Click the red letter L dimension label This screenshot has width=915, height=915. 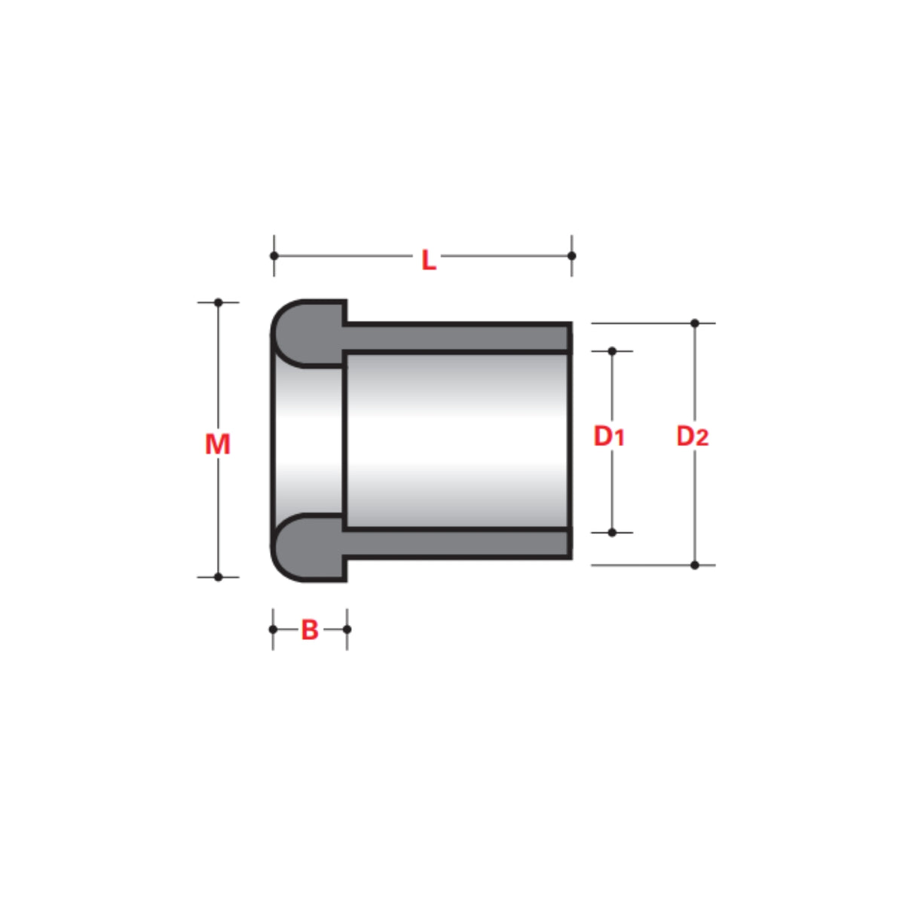coord(428,261)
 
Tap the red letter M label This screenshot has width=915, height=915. coord(218,445)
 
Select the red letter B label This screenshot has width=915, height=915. coord(310,630)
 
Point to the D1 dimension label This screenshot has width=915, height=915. coord(609,436)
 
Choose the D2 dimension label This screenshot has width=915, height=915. coord(692,436)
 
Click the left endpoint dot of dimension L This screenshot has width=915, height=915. coord(274,256)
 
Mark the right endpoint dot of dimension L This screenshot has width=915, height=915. coord(571,256)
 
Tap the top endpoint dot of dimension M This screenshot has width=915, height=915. coord(219,302)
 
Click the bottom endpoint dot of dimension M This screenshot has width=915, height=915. coord(219,577)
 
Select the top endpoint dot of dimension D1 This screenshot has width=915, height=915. coord(612,351)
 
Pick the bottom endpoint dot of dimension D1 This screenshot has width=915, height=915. coord(612,533)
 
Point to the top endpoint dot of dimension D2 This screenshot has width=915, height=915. coord(695,323)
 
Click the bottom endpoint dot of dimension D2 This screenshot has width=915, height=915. coord(695,565)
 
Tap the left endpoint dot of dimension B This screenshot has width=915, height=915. coord(274,629)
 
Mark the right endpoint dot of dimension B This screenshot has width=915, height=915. coord(347,629)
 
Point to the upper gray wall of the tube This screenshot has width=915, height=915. coord(456,338)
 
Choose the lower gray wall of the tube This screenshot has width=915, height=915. coord(456,543)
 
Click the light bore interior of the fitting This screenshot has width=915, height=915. coord(456,441)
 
